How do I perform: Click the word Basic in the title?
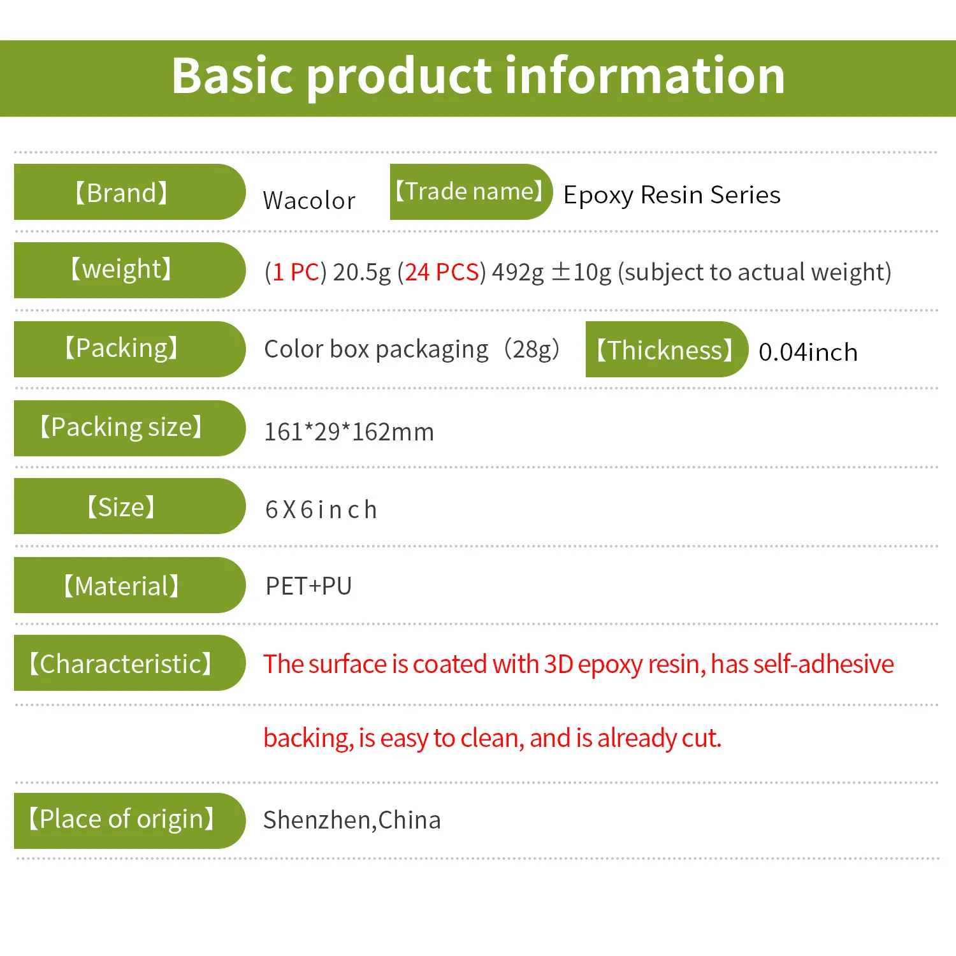click(233, 76)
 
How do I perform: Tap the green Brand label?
click(129, 192)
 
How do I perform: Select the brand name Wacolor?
click(309, 200)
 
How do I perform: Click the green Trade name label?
click(471, 191)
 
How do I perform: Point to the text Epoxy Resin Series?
click(672, 195)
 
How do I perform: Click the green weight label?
click(129, 270)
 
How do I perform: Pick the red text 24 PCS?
click(442, 272)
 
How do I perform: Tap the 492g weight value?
click(518, 272)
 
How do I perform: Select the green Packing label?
click(129, 349)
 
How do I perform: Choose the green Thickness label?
click(667, 349)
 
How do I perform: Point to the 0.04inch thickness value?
click(808, 352)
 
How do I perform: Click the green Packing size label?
click(129, 428)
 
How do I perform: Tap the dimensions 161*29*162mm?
click(349, 431)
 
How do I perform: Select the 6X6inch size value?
click(321, 510)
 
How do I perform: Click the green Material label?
click(129, 585)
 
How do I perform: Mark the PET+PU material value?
click(309, 586)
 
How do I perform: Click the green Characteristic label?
click(129, 663)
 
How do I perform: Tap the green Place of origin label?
click(129, 821)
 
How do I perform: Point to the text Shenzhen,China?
click(352, 820)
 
